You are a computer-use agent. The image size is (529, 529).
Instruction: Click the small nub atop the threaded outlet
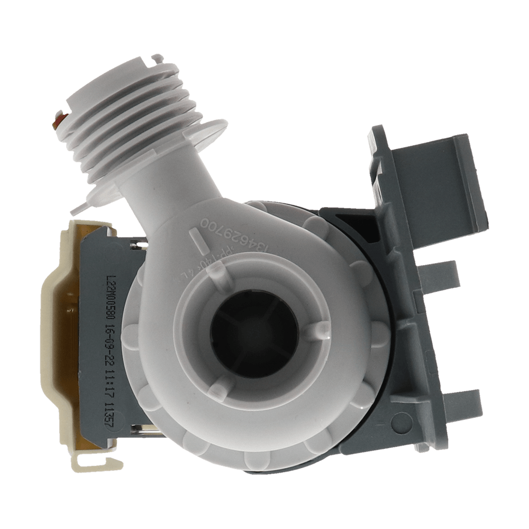point(157,57)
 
